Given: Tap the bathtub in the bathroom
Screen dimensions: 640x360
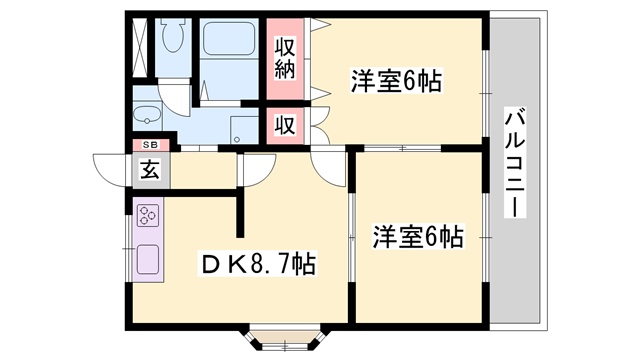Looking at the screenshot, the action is [x=229, y=38].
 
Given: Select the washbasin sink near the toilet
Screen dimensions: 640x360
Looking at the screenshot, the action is [x=147, y=115].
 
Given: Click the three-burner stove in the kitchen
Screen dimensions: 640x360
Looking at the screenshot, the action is [x=148, y=215].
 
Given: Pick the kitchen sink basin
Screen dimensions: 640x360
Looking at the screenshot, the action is [x=148, y=260].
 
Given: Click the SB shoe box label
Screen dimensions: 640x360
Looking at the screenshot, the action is [x=151, y=144].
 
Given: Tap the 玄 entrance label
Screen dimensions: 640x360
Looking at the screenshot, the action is [x=150, y=170].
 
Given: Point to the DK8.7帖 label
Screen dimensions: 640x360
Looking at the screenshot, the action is [x=258, y=265].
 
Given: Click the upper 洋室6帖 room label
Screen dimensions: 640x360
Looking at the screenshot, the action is [x=396, y=81].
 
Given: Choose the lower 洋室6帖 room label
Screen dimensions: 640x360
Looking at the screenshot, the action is [x=418, y=236].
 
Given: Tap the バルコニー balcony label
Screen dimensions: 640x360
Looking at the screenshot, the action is [x=515, y=162].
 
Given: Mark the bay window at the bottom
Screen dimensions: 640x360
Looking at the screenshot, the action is [x=285, y=338].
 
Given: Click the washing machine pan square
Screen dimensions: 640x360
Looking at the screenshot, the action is [x=243, y=130].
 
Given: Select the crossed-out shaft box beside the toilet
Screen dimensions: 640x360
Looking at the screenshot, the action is [x=141, y=47].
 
